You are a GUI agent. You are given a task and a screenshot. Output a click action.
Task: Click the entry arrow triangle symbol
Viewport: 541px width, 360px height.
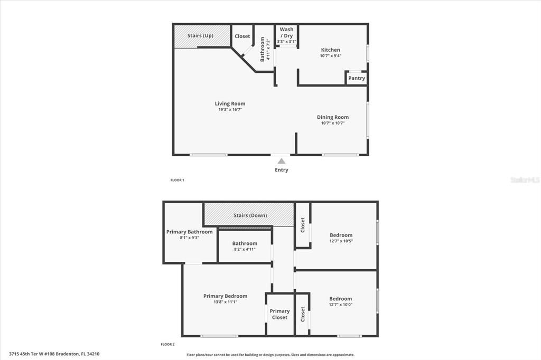(x=282, y=160)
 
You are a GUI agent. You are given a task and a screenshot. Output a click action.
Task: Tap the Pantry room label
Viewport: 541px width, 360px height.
(x=357, y=78)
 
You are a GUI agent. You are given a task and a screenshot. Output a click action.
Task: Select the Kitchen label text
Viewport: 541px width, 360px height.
(x=331, y=50)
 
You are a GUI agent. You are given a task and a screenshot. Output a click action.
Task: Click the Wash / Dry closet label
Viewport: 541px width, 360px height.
(x=286, y=32)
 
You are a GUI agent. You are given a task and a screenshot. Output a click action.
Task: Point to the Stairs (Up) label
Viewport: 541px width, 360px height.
(x=200, y=36)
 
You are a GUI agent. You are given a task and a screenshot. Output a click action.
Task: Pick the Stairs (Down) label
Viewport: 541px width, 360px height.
(x=250, y=215)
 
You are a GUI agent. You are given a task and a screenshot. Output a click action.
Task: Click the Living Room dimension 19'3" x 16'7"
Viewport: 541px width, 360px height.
(x=230, y=110)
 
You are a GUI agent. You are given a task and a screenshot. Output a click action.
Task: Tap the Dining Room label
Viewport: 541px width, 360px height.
(x=333, y=117)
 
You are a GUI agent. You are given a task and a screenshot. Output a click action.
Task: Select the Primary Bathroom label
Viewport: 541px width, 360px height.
(x=189, y=232)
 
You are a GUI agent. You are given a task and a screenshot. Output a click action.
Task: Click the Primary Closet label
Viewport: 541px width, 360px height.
(x=279, y=314)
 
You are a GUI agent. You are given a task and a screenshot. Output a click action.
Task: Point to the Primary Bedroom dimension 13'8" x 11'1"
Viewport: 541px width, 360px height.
(x=225, y=302)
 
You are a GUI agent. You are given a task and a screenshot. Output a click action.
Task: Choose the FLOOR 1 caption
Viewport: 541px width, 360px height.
(x=177, y=180)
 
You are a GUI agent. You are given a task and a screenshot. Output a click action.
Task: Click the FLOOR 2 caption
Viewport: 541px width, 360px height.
(x=167, y=344)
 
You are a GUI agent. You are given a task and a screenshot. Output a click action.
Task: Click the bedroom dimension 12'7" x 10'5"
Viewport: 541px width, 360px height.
(x=341, y=241)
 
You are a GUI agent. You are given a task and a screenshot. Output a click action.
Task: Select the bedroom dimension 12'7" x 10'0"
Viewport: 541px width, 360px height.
(x=340, y=305)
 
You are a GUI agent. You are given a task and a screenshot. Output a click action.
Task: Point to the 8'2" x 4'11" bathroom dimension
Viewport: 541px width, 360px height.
(x=245, y=249)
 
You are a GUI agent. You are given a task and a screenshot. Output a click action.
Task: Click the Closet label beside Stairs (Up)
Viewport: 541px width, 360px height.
(x=242, y=36)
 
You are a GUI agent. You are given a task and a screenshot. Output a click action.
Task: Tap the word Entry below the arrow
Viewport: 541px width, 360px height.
(x=282, y=170)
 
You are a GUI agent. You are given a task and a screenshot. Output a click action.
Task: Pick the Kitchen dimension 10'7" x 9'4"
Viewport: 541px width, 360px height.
(x=331, y=56)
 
